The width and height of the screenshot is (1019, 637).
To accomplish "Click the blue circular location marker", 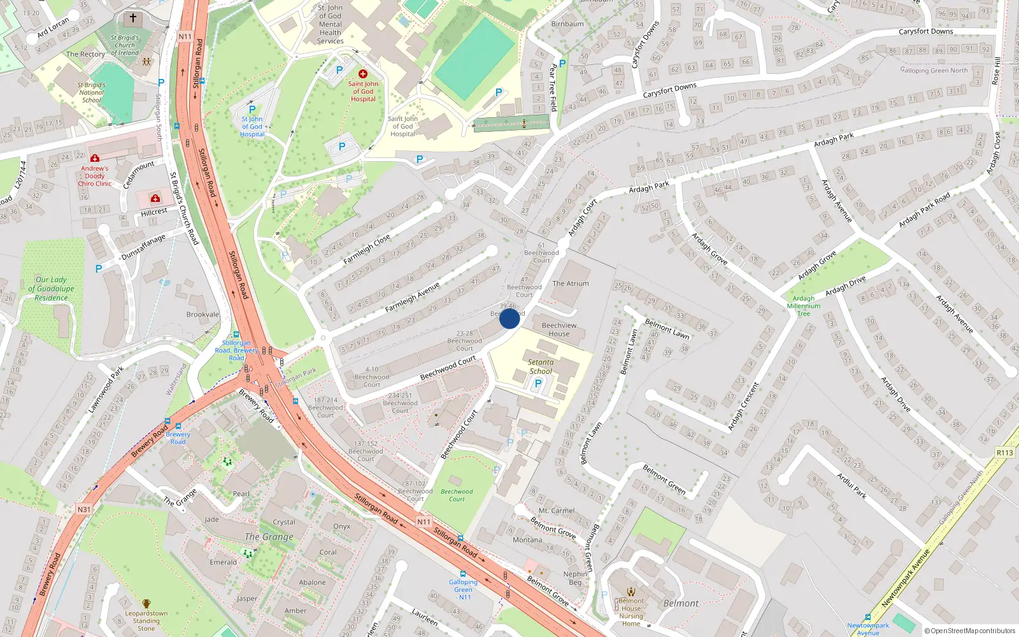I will click(509, 318).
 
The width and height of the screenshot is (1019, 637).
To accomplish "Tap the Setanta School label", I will click(541, 366).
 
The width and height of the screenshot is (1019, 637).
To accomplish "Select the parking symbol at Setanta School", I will click(538, 383).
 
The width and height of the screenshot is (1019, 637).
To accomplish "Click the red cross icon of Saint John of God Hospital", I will click(363, 74).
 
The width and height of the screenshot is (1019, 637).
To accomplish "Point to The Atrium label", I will click(571, 283).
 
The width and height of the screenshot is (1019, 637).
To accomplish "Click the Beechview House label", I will click(559, 329).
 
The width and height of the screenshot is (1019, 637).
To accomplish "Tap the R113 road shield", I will click(1004, 452).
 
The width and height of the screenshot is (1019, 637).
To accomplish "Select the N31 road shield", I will click(84, 510).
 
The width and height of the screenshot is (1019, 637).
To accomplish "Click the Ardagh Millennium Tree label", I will click(804, 306).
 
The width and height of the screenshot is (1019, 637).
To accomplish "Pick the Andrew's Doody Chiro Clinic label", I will click(95, 176).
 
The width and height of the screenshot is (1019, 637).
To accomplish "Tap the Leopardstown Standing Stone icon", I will click(146, 603).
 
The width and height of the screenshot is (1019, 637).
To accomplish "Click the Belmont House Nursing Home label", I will click(631, 612).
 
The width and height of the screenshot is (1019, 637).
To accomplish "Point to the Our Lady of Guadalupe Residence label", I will click(51, 289).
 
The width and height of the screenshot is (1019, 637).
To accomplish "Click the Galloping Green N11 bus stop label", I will click(463, 589).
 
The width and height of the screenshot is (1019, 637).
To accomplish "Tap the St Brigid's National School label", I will click(92, 92).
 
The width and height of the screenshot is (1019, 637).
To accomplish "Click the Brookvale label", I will click(203, 315).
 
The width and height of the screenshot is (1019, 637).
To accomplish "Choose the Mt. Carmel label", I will click(557, 511).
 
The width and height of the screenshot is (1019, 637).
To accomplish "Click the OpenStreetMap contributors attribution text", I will click(969, 631).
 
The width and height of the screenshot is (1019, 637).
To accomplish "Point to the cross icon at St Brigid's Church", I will click(133, 18).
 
